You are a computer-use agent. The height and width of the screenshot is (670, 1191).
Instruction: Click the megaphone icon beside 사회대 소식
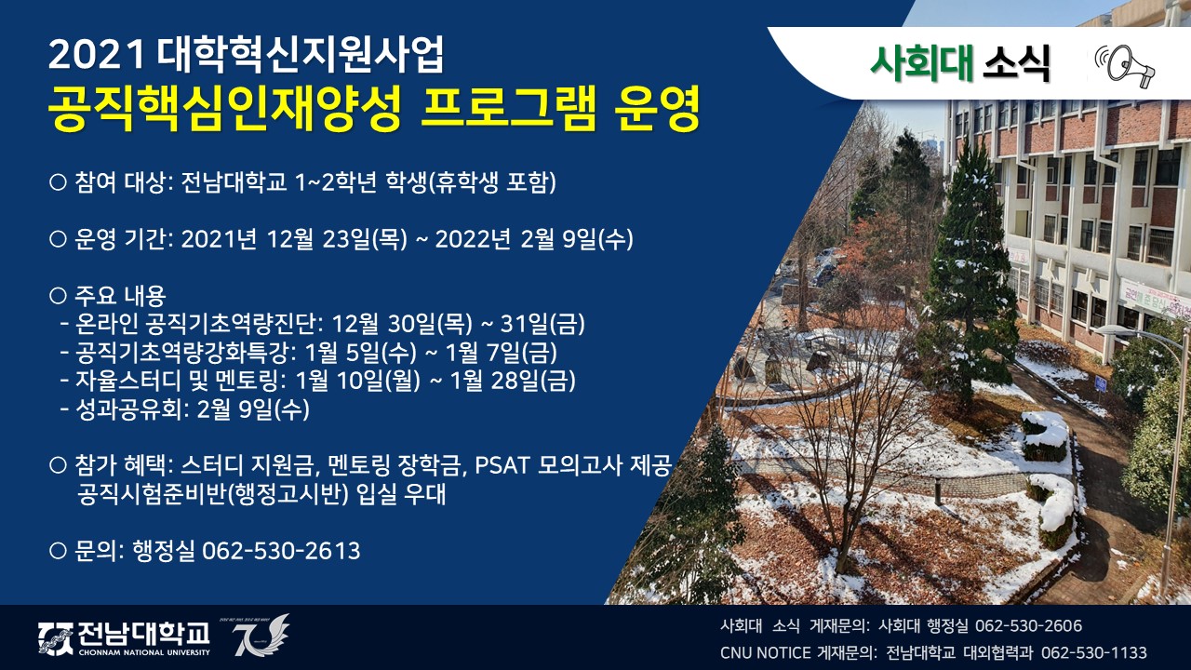[1124, 66]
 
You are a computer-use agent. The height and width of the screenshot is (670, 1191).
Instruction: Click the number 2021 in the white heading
[97, 55]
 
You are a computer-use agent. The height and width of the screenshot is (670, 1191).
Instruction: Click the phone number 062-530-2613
[281, 550]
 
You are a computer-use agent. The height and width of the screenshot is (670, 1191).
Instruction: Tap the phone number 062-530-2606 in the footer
[1028, 626]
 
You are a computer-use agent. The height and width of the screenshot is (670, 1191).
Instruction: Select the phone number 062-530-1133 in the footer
[1093, 652]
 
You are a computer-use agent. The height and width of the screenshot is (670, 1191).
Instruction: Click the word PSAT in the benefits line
[502, 466]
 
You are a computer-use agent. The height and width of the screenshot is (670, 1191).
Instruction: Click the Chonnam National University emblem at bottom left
[56, 638]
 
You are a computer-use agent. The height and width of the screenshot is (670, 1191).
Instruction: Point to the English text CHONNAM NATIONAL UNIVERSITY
[144, 652]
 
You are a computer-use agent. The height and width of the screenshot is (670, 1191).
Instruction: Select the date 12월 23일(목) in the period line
[337, 239]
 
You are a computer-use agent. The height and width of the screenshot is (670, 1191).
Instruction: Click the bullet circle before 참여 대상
[58, 181]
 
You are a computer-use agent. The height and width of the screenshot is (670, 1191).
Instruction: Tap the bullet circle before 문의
[58, 550]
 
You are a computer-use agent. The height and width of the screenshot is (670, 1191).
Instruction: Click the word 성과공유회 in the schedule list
[129, 409]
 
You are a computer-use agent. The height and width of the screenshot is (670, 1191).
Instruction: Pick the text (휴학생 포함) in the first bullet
[492, 181]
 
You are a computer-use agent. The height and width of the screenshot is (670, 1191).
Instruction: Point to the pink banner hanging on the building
[1155, 299]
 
